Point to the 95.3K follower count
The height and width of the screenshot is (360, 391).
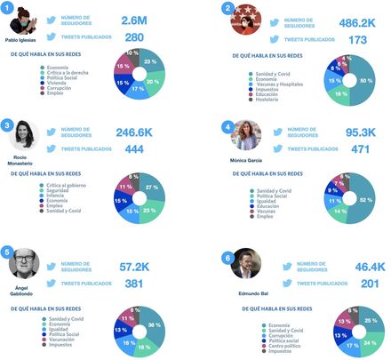360,133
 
